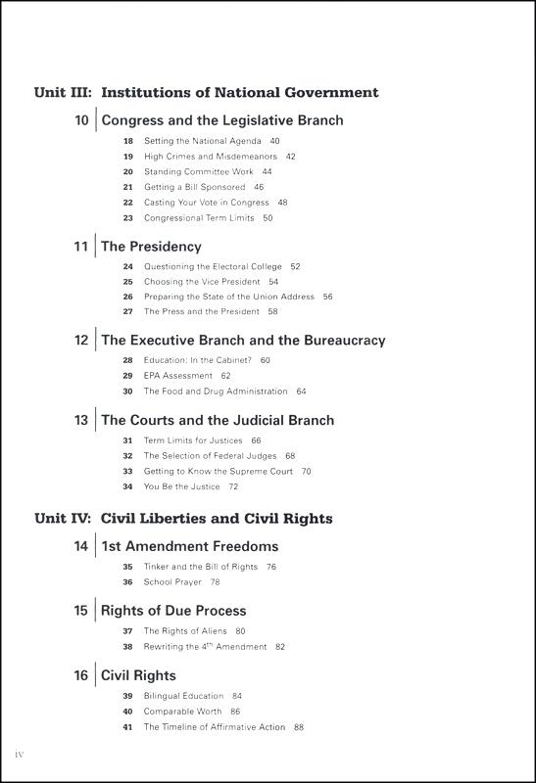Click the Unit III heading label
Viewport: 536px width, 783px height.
click(x=64, y=93)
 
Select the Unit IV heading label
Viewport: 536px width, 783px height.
click(x=64, y=518)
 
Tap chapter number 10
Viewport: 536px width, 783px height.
click(x=81, y=121)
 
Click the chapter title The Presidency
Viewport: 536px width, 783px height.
click(x=151, y=247)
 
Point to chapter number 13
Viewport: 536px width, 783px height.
click(x=81, y=420)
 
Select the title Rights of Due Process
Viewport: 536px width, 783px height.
click(x=173, y=611)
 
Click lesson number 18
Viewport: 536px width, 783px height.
click(x=127, y=141)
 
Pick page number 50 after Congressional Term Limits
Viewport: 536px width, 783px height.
click(x=268, y=218)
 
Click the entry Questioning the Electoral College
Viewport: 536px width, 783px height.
click(x=213, y=266)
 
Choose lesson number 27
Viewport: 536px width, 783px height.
click(x=127, y=311)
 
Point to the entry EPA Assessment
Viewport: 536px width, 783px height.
click(x=178, y=376)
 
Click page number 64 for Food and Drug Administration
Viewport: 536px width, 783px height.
click(x=301, y=391)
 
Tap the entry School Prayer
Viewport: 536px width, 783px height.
click(x=172, y=582)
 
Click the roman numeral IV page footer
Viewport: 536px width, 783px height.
click(x=19, y=757)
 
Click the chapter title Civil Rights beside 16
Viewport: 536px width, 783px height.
click(x=138, y=675)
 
